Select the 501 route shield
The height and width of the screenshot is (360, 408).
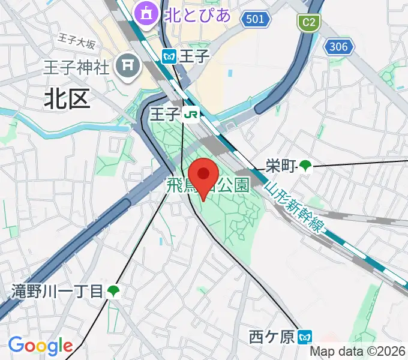tap(255, 20)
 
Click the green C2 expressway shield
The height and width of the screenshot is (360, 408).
tap(309, 23)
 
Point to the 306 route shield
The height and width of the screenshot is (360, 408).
tap(338, 47)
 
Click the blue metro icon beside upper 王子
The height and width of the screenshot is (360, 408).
tap(169, 56)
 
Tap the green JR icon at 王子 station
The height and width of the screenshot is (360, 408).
tap(192, 114)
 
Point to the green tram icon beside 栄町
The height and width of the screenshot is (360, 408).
tap(306, 165)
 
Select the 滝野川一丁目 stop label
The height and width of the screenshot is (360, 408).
tap(58, 292)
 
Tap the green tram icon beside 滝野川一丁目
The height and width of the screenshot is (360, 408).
tap(113, 292)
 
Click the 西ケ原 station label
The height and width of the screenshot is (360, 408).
tap(272, 337)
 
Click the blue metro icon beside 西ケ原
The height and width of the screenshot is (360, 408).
tap(306, 337)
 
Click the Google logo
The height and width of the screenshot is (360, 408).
tap(40, 345)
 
